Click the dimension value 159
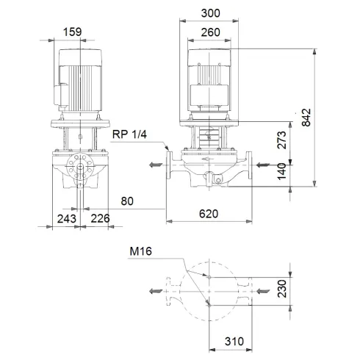click(x=73, y=32)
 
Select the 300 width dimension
click(x=210, y=12)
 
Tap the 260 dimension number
click(x=210, y=32)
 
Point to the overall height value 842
click(x=307, y=117)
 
